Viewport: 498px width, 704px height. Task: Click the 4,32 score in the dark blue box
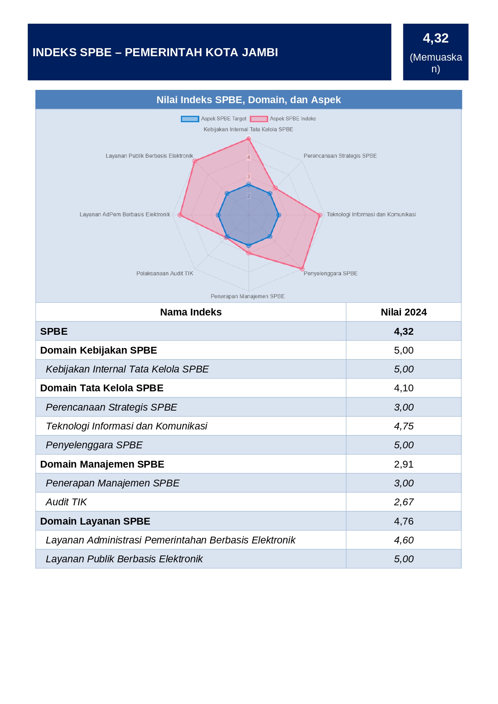click(x=435, y=38)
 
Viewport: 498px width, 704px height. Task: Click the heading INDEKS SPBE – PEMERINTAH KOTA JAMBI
click(x=155, y=52)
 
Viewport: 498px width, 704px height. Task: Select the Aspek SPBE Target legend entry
click(x=213, y=119)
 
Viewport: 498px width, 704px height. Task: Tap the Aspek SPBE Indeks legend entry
click(x=283, y=119)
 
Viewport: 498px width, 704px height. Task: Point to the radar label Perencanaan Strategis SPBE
click(x=340, y=156)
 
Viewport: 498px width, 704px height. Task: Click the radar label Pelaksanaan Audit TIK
click(x=165, y=273)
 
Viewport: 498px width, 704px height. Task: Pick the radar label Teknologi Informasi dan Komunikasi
click(x=371, y=214)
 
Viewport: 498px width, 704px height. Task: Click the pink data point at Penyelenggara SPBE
click(x=302, y=269)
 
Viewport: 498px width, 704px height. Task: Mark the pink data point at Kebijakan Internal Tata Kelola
click(x=249, y=139)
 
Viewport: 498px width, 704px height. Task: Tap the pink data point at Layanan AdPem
click(x=180, y=215)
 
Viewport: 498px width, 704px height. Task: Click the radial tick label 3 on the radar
click(x=249, y=177)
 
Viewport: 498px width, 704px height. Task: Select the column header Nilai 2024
click(x=403, y=312)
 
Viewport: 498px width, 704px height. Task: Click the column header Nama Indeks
click(x=191, y=312)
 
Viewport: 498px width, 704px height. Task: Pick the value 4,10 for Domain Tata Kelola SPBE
click(x=403, y=388)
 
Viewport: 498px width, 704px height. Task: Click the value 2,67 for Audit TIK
click(x=403, y=502)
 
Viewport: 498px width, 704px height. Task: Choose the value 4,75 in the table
click(x=403, y=426)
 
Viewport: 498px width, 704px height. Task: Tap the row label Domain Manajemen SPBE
click(x=102, y=464)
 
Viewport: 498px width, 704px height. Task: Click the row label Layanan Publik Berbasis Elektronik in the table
click(x=124, y=559)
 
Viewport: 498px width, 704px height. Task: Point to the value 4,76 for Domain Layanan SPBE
click(x=403, y=521)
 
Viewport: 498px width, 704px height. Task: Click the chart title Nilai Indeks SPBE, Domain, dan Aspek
click(x=248, y=100)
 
